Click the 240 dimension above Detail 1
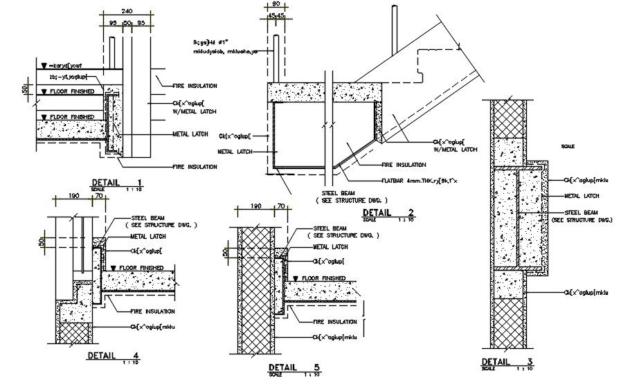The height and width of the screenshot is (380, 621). click(126, 12)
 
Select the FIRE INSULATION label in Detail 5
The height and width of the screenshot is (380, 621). click(335, 322)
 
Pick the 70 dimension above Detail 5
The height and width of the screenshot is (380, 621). click(280, 206)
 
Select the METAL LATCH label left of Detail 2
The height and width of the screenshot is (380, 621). click(235, 151)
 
